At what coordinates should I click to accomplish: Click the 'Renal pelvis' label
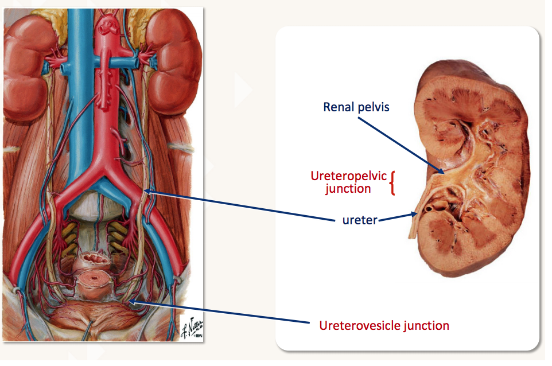coord(356,107)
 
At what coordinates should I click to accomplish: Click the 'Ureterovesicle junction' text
coord(384,325)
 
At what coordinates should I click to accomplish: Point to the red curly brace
coord(393,183)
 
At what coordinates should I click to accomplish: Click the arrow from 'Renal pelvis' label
coord(399,144)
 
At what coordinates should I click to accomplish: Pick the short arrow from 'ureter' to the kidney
coord(397,216)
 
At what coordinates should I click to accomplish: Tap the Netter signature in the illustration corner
coord(189,330)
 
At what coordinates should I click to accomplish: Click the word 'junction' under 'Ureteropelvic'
coord(348,188)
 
